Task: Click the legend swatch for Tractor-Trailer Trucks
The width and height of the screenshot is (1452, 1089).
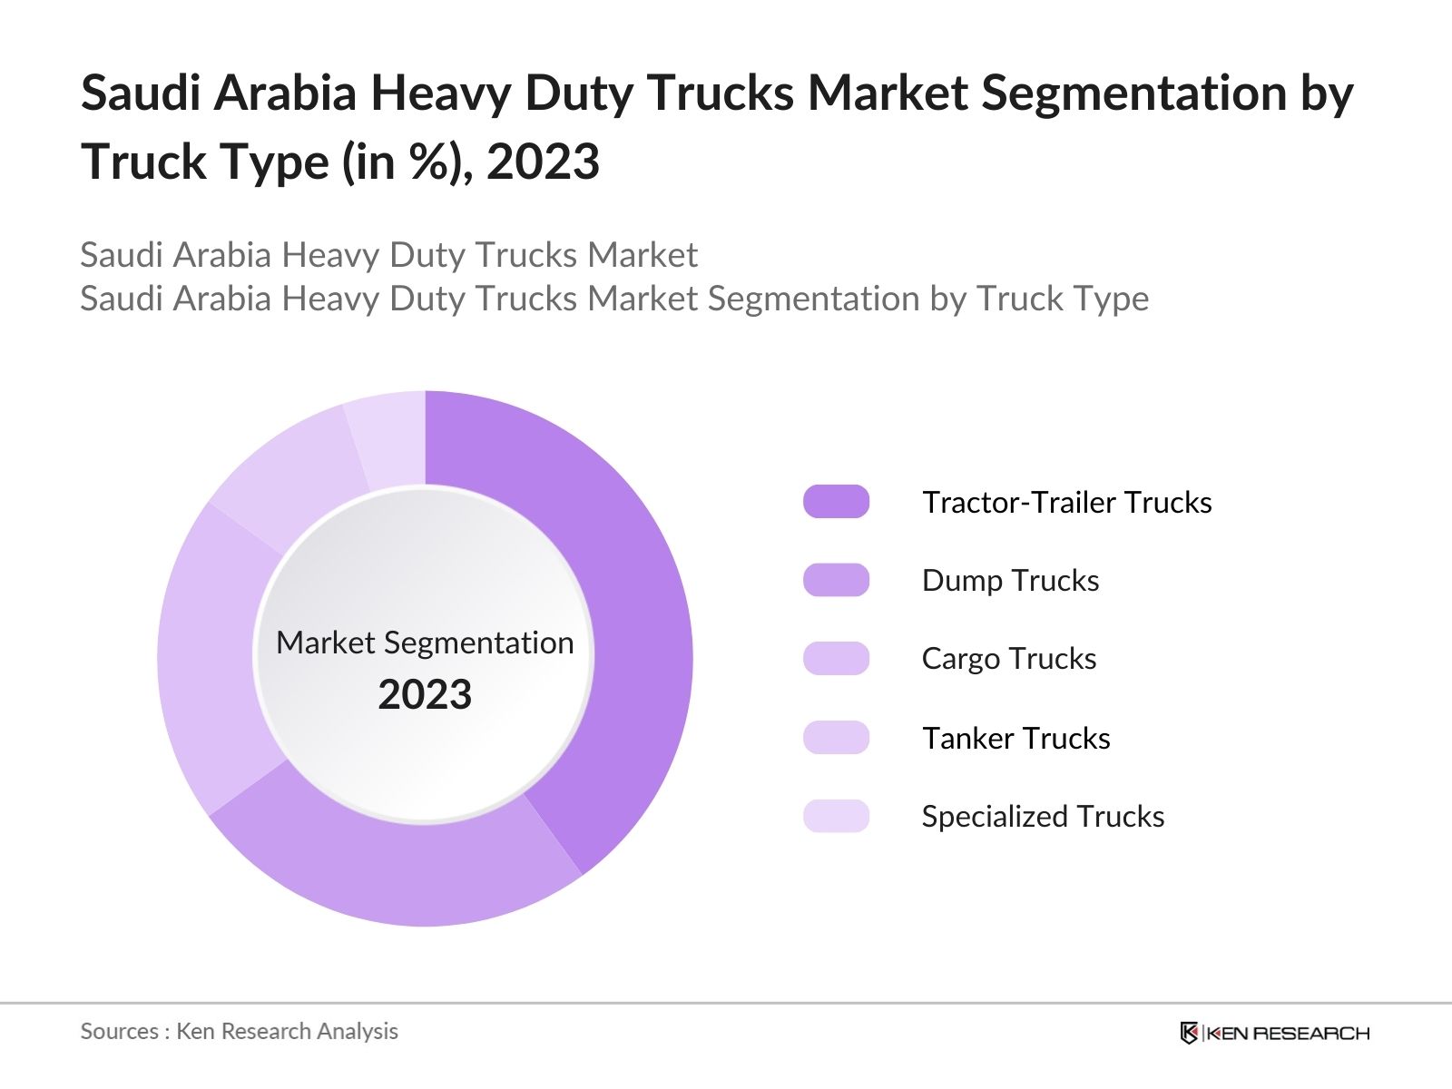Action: point(836,502)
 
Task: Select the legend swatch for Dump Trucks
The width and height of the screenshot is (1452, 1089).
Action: point(836,580)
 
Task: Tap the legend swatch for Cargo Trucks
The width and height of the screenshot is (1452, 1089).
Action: point(836,659)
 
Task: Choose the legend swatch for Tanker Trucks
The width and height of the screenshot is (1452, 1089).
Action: point(836,738)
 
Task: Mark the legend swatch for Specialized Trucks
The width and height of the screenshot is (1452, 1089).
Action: point(836,816)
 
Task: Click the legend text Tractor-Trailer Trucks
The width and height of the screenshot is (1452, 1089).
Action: point(1066,502)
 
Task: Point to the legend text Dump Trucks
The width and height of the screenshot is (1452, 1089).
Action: point(1010,580)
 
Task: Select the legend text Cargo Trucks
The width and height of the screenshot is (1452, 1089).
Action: point(1008,659)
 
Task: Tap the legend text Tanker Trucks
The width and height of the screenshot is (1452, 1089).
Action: point(1015,738)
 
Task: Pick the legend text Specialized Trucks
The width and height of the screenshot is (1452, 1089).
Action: point(1043,816)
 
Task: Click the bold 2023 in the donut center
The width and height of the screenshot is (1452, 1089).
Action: point(425,695)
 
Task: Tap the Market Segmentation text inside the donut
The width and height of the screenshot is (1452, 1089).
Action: point(425,643)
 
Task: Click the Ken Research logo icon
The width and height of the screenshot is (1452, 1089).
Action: point(1189,1033)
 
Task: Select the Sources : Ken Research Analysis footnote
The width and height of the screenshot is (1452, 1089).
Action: point(239,1031)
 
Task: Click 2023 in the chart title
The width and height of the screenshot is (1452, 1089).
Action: point(543,162)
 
